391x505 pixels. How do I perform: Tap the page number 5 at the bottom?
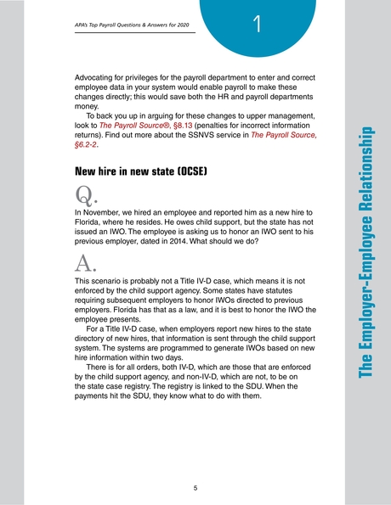click(x=195, y=487)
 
